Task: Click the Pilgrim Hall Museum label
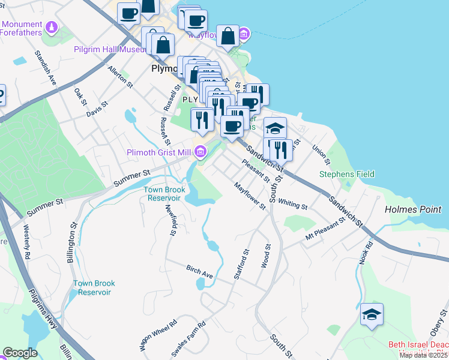tap(110, 49)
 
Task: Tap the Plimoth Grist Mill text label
tap(158, 153)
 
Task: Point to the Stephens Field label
tap(346, 174)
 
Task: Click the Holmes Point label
tap(413, 210)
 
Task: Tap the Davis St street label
tap(97, 109)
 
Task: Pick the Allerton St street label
tap(119, 77)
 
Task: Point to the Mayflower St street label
tap(250, 196)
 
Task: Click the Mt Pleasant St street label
tap(325, 229)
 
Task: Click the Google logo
tap(20, 353)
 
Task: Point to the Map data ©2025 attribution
tap(423, 355)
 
